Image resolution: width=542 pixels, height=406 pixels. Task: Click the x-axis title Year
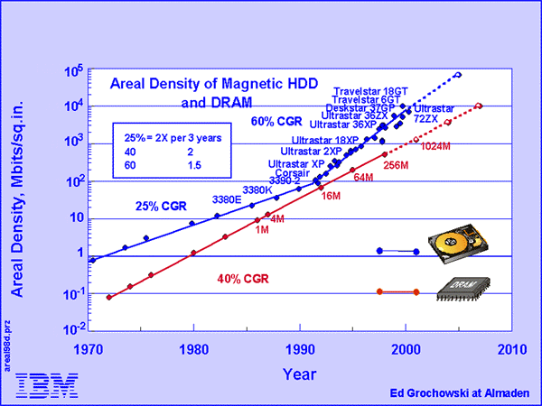300,371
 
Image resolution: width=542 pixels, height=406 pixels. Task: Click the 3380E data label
227,198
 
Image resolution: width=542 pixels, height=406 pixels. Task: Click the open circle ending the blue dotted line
458,74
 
